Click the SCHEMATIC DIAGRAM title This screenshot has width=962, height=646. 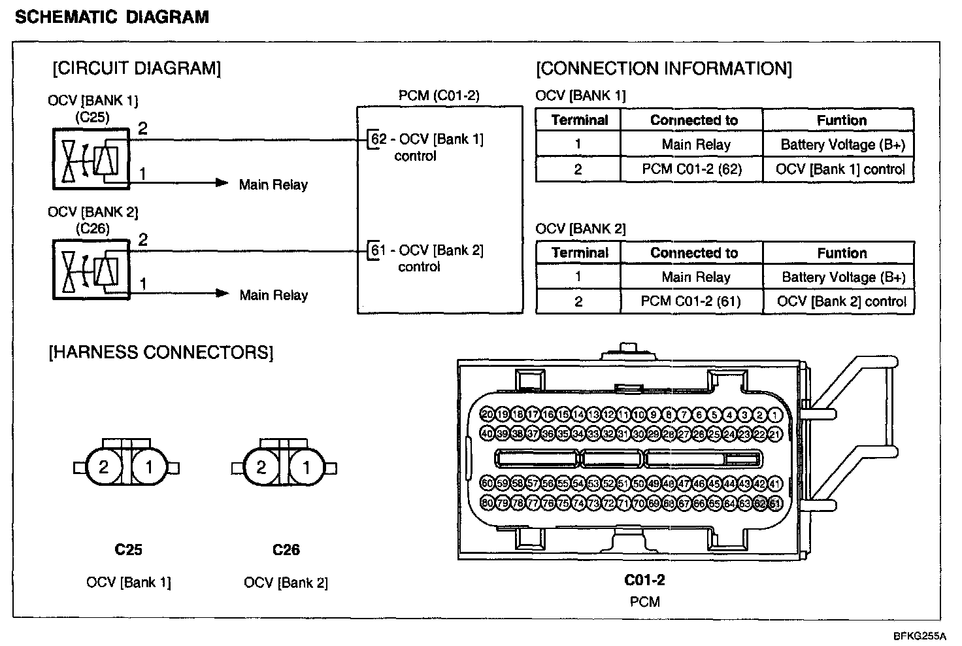(x=112, y=17)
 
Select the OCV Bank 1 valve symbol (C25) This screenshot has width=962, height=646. (x=91, y=159)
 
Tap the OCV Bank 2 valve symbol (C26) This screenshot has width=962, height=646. (x=91, y=269)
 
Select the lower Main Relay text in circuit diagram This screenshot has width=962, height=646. (x=273, y=296)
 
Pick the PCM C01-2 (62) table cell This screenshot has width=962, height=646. (x=691, y=169)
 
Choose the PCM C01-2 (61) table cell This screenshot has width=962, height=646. (x=691, y=301)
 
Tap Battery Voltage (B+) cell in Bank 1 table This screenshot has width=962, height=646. (x=842, y=144)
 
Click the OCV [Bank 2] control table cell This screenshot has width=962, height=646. (x=841, y=301)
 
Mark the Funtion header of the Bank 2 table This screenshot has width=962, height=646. (x=842, y=253)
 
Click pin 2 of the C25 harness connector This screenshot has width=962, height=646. (x=103, y=467)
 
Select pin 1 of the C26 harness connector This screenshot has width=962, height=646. (x=306, y=467)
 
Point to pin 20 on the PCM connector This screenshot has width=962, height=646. (x=487, y=415)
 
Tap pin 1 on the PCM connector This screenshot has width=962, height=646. (x=775, y=415)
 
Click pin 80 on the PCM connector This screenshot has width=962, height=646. (x=487, y=503)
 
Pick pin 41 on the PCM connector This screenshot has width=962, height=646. (x=775, y=484)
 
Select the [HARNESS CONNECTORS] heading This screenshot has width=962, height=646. (x=161, y=353)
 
